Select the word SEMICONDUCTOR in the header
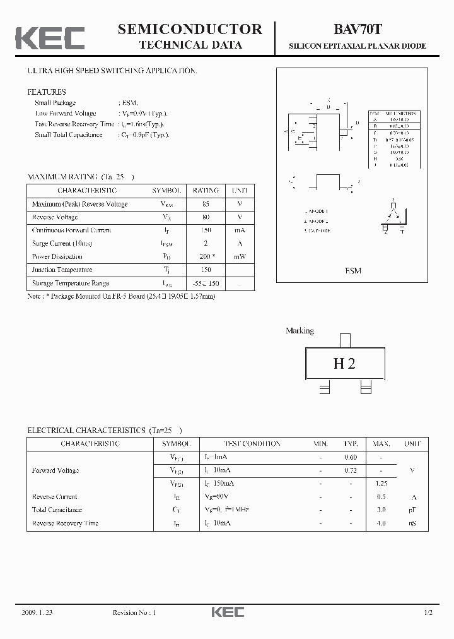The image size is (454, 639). click(x=190, y=29)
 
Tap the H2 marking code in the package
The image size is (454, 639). click(x=344, y=364)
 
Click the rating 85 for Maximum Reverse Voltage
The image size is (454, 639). click(x=206, y=204)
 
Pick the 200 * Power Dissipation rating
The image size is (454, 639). click(x=206, y=257)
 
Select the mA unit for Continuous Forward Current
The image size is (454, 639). click(x=239, y=230)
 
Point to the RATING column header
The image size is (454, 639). click(x=206, y=190)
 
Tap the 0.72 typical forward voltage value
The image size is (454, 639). click(x=351, y=470)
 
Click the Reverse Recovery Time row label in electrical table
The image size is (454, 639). click(x=65, y=523)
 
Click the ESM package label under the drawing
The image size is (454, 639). click(x=353, y=270)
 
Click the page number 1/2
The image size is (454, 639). click(x=429, y=612)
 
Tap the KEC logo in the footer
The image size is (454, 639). click(x=227, y=612)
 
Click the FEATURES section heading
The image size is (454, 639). click(x=46, y=92)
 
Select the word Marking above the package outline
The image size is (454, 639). click(x=300, y=331)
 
